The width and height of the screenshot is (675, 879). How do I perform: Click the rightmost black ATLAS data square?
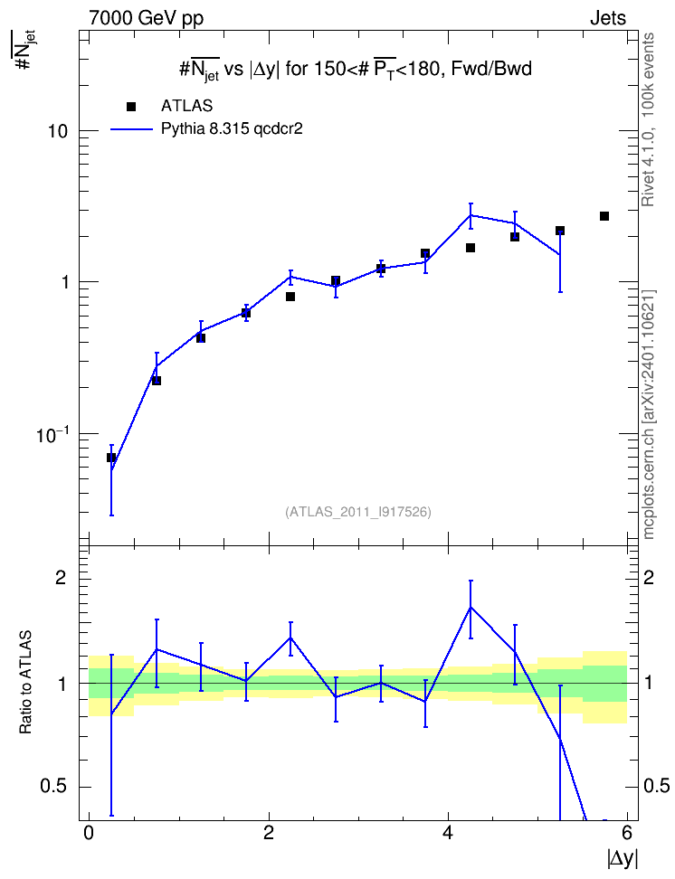(604, 216)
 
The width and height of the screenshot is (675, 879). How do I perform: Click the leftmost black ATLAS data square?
(111, 458)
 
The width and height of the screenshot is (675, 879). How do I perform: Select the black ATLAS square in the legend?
(131, 106)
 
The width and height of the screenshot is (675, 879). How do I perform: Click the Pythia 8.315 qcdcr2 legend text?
(232, 128)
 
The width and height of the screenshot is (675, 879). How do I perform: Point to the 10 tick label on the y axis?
(58, 131)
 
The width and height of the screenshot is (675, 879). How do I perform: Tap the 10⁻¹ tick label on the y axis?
(52, 434)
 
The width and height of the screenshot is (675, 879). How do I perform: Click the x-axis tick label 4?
(448, 833)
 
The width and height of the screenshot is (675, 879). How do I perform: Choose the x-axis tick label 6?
(627, 833)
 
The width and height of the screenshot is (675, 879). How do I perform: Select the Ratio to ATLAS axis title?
(25, 682)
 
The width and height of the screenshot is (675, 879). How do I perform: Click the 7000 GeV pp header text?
(146, 18)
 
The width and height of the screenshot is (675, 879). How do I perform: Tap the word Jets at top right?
(608, 18)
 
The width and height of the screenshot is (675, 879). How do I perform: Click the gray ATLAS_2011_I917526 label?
(358, 512)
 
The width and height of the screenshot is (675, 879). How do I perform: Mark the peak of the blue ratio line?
(471, 607)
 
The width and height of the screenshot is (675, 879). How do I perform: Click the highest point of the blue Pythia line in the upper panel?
(471, 215)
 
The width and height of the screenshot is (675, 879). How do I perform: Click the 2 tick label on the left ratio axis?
(61, 578)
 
